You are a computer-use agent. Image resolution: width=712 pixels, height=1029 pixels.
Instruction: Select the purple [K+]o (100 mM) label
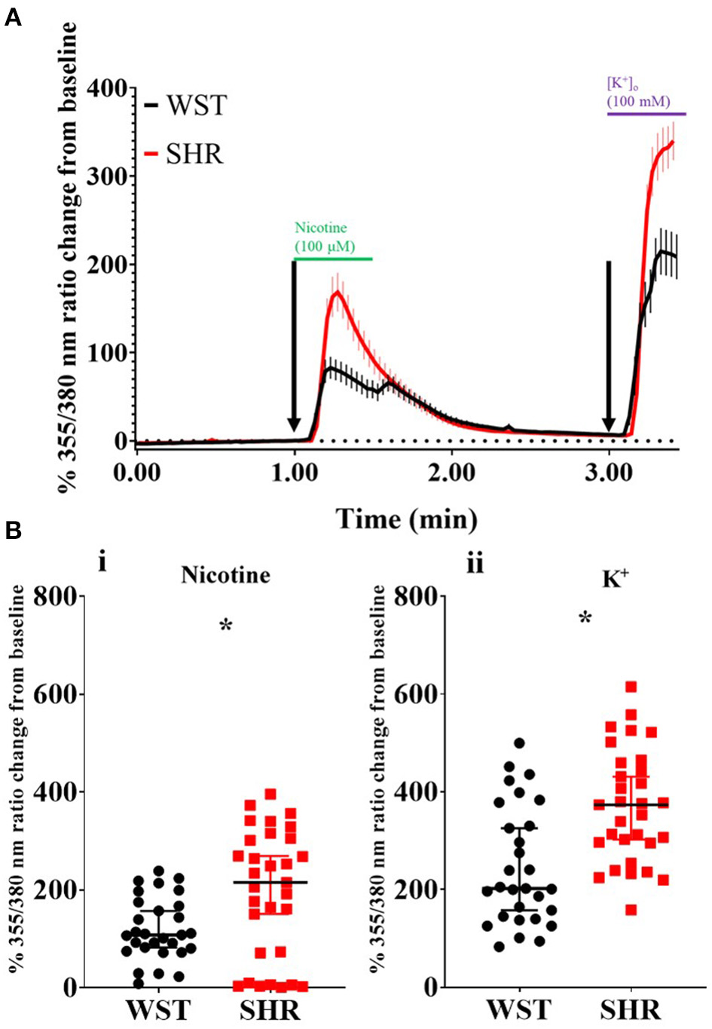(638, 92)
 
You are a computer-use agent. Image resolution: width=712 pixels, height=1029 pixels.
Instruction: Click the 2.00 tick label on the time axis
(451, 473)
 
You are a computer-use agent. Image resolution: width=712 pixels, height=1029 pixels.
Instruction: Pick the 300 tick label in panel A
(106, 176)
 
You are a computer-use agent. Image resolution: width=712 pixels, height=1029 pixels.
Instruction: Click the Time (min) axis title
(406, 519)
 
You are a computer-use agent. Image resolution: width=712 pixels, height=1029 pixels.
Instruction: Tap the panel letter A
(13, 17)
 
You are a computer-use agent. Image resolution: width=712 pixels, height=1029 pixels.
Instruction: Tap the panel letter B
(13, 531)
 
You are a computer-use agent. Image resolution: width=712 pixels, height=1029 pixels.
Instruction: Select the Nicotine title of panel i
(225, 575)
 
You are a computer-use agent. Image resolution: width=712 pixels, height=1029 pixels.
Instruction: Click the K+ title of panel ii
(616, 578)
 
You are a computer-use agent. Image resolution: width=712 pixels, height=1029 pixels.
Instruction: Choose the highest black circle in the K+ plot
(519, 743)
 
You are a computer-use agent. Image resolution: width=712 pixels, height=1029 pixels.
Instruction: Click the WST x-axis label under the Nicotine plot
(158, 1009)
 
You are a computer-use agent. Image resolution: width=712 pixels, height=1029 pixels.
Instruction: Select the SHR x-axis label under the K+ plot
(631, 1009)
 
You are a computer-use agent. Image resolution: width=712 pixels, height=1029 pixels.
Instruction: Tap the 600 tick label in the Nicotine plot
(56, 694)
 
